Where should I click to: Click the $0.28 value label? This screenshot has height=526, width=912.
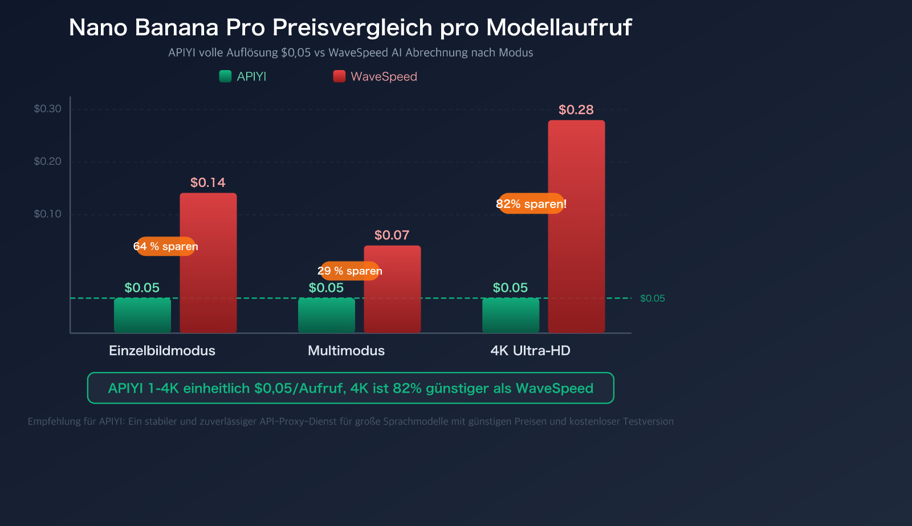(576, 110)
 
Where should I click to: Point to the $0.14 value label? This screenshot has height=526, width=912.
(207, 183)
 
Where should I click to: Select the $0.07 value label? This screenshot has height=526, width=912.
(392, 235)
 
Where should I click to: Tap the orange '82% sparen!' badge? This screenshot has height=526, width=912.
(531, 204)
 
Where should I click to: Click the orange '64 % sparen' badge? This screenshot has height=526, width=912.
(166, 247)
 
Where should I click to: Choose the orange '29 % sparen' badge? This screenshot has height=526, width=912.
(349, 271)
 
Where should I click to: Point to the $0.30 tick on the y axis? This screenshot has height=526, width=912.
(48, 109)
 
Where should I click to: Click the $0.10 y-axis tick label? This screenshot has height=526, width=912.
(48, 214)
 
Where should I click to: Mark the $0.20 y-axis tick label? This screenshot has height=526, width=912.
(48, 162)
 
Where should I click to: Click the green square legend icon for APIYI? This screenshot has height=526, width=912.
(225, 76)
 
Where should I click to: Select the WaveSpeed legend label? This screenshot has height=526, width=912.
(384, 77)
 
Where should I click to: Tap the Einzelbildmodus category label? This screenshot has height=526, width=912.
(162, 350)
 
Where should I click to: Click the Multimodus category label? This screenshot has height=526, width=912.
(346, 350)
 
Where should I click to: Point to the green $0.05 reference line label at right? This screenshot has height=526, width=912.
(652, 299)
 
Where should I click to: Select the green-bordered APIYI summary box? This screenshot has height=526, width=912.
(351, 388)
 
